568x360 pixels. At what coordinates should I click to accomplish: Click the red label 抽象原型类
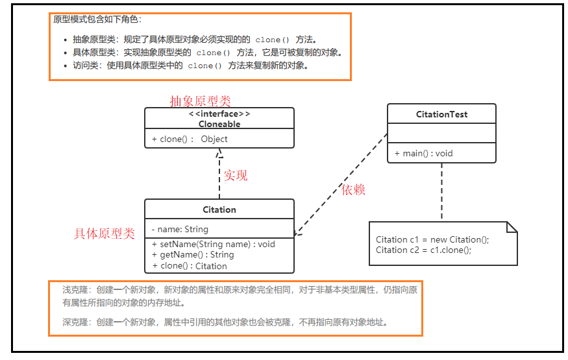200,101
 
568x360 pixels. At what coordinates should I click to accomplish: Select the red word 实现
236,175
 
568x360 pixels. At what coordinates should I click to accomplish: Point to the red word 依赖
354,189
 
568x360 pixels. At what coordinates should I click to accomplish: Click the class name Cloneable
219,124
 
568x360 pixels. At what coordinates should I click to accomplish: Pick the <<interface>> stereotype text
219,115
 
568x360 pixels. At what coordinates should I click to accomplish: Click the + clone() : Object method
190,139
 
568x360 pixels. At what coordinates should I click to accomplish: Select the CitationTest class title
441,115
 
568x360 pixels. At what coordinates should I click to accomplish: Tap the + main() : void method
423,154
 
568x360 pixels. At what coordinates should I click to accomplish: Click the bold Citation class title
219,210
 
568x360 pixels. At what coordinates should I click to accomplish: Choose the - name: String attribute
180,229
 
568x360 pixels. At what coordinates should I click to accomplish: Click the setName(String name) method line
214,245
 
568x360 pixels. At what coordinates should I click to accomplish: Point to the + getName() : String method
193,255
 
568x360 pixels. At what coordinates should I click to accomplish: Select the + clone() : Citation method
190,265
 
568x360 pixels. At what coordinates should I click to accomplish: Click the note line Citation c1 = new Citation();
432,239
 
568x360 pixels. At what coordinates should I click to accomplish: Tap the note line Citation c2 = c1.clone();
423,250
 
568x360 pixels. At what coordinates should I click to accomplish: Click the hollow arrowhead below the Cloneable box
219,154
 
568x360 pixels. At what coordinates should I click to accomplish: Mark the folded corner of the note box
512,227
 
